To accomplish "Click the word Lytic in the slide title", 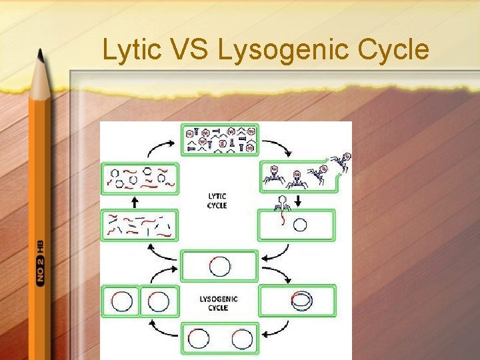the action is point(131,49).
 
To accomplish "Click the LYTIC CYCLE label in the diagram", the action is point(217,201).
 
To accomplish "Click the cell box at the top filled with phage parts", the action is point(219,139).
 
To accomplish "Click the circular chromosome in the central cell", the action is point(219,266).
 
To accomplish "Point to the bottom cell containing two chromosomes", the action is point(219,338).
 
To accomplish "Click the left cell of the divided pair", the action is point(121,301).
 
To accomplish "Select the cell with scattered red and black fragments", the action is point(141,225).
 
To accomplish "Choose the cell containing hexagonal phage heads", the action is point(141,178).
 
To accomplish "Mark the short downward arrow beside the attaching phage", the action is point(297,201).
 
